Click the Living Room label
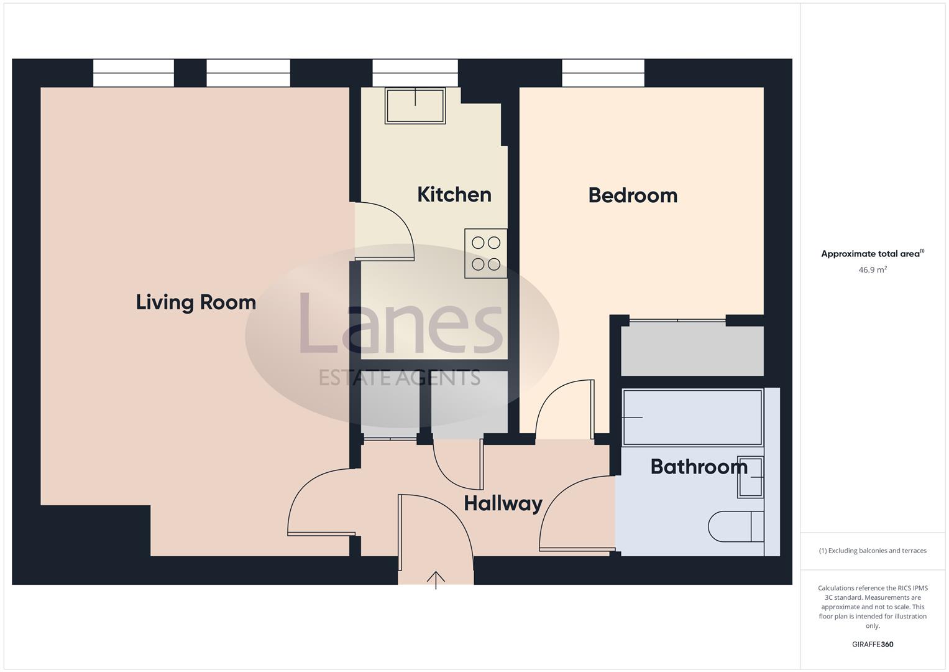196,302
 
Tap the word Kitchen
454,195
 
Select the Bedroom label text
633,195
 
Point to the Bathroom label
699,467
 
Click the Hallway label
503,503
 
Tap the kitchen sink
415,105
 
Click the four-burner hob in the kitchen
485,253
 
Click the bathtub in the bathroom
692,417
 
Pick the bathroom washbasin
751,477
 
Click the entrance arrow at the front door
436,580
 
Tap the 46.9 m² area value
872,270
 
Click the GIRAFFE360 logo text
872,645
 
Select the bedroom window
603,73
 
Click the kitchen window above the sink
415,73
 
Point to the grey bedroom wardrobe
692,351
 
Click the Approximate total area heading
872,254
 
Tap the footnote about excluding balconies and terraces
872,551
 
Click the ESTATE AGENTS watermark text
399,377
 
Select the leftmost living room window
133,73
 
